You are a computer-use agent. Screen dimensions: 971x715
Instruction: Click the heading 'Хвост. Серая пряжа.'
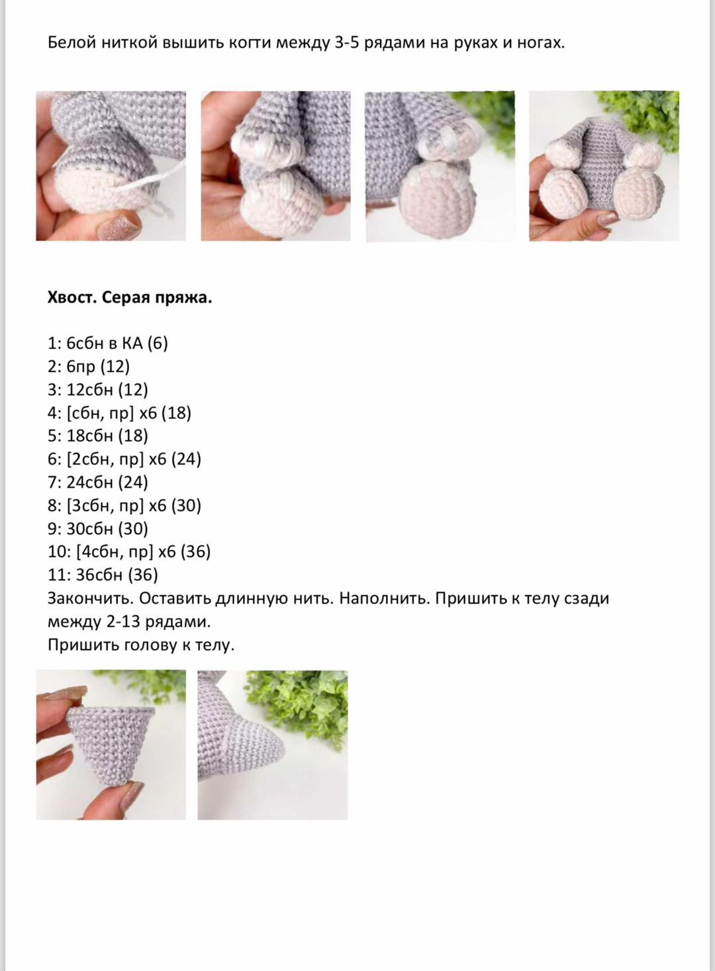tap(130, 298)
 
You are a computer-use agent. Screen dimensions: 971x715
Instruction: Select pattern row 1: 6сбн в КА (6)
tap(108, 343)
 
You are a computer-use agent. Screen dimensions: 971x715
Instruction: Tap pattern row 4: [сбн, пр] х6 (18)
tap(119, 413)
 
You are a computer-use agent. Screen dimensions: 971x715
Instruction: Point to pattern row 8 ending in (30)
tap(124, 506)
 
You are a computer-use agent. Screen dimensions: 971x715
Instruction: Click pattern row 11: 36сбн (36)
tap(103, 575)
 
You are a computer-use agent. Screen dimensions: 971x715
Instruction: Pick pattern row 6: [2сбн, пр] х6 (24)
tap(124, 459)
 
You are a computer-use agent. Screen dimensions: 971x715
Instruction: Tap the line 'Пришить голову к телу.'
tap(141, 645)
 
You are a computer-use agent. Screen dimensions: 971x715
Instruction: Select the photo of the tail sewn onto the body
tap(272, 745)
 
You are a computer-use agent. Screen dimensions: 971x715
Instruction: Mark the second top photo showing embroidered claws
tap(275, 165)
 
